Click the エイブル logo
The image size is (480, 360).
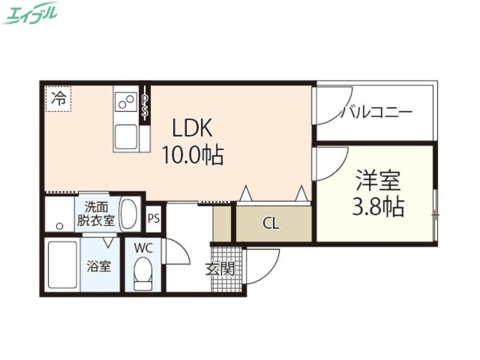pyautogui.click(x=30, y=13)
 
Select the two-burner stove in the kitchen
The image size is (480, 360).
pyautogui.click(x=126, y=101)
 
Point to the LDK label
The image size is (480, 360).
pyautogui.click(x=193, y=128)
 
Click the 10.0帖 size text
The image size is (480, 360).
pyautogui.click(x=191, y=156)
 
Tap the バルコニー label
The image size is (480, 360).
pyautogui.click(x=376, y=112)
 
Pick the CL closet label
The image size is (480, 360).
pyautogui.click(x=271, y=224)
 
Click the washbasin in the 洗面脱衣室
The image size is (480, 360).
pyautogui.click(x=129, y=212)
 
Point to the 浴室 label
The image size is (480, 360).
pyautogui.click(x=99, y=266)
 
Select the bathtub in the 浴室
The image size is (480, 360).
pyautogui.click(x=62, y=265)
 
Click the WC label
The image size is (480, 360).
pyautogui.click(x=143, y=247)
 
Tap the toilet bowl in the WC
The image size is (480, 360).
pyautogui.click(x=143, y=273)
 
